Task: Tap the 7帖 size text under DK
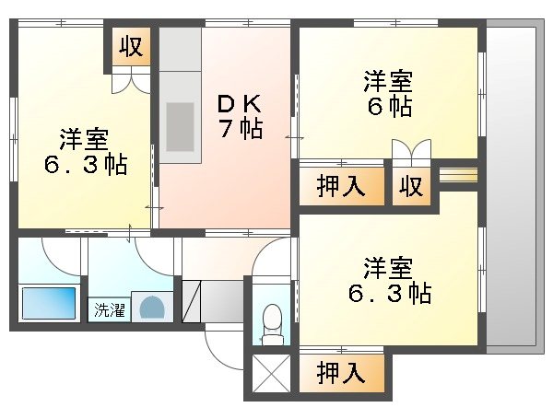(x=239, y=128)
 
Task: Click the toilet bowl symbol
(x=272, y=323)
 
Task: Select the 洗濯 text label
(x=109, y=309)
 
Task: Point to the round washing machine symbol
(x=151, y=308)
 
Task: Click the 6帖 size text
(x=386, y=106)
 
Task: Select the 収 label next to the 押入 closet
(x=410, y=187)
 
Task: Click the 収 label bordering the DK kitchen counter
(x=132, y=46)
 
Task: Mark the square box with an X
(x=270, y=375)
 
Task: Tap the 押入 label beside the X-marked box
(x=340, y=373)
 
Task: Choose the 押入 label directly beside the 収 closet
(x=340, y=187)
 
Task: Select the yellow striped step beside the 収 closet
(x=457, y=173)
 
